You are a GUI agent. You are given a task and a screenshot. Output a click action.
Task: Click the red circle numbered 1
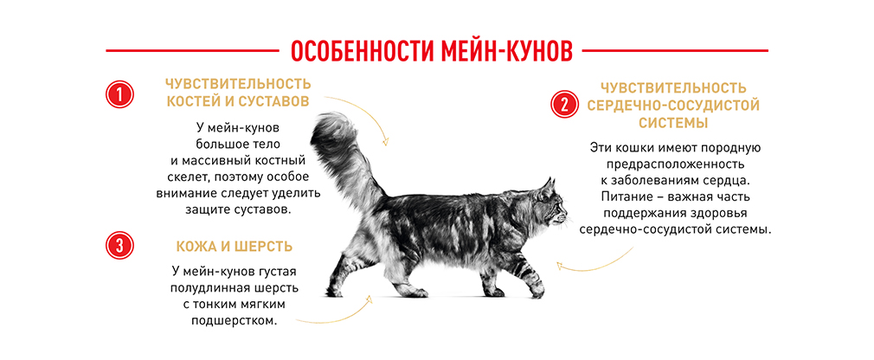pyautogui.click(x=119, y=94)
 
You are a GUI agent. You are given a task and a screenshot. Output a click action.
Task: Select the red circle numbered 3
pyautogui.click(x=119, y=245)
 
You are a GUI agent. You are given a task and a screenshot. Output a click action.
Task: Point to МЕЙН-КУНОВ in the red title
pyautogui.click(x=507, y=51)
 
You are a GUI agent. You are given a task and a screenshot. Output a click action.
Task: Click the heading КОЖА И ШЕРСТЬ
pyautogui.click(x=235, y=247)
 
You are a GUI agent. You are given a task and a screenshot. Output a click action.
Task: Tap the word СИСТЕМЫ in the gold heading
pyautogui.click(x=673, y=123)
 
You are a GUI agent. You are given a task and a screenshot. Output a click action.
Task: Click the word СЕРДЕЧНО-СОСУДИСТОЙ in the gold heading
pyautogui.click(x=674, y=105)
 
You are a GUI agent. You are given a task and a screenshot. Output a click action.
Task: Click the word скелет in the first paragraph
pyautogui.click(x=178, y=177)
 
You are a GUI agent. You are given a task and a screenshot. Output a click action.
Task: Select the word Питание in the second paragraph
pyautogui.click(x=624, y=196)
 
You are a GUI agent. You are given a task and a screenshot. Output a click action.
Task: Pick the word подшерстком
pyautogui.click(x=235, y=322)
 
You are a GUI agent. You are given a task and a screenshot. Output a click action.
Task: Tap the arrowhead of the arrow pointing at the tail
pyautogui.click(x=384, y=142)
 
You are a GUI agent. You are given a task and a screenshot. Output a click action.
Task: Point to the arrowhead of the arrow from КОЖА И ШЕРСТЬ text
pyautogui.click(x=368, y=299)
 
